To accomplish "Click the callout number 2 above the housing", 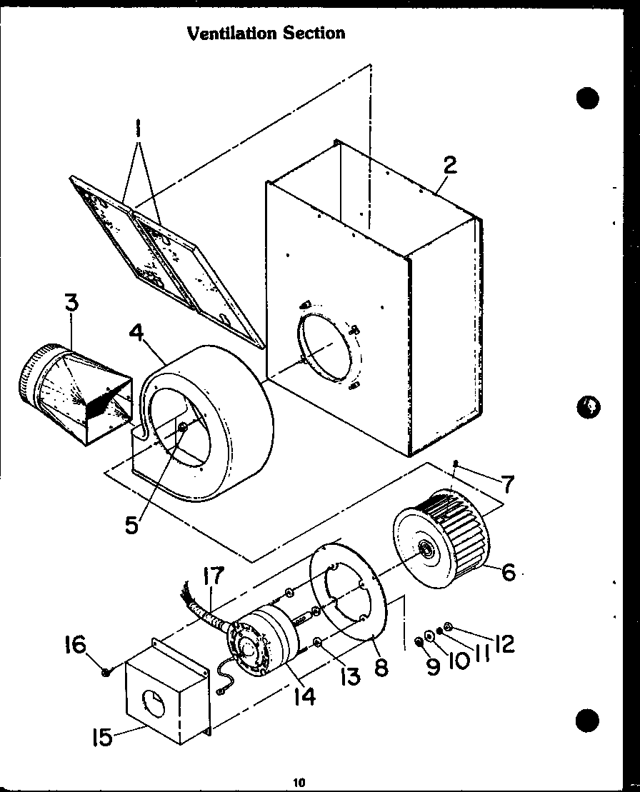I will click(449, 166).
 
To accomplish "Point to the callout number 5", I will click(131, 525).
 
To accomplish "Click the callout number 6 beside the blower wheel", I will click(509, 572).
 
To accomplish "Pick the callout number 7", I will click(506, 485).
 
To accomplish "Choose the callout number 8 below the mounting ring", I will click(381, 667).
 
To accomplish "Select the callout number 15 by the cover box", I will click(103, 736).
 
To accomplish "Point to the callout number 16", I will click(75, 645).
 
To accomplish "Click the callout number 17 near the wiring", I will click(213, 576).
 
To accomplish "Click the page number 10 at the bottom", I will click(299, 783).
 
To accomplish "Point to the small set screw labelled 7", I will click(455, 465).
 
